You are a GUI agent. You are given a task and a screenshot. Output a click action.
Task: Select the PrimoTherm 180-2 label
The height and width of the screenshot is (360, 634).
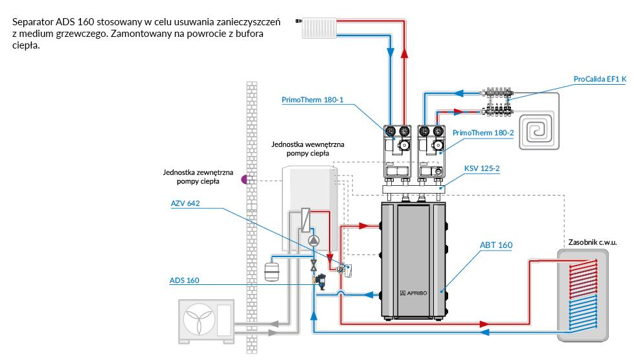tap(483, 133)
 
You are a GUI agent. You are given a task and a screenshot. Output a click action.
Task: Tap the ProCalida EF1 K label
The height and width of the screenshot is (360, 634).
tap(600, 79)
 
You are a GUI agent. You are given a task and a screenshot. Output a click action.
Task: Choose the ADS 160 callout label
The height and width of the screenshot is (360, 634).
tap(185, 280)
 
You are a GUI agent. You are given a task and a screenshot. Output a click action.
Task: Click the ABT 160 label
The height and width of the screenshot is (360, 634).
tap(496, 245)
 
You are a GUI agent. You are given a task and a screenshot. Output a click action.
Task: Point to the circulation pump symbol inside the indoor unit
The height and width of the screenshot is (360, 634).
tap(313, 241)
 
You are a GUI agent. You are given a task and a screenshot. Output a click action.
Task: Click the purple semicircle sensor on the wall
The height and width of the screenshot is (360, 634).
tap(243, 179)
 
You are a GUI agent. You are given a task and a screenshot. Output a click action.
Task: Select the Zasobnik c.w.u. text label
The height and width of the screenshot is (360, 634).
tap(592, 242)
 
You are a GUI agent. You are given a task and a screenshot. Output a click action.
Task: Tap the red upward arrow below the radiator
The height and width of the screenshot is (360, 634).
tap(404, 54)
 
